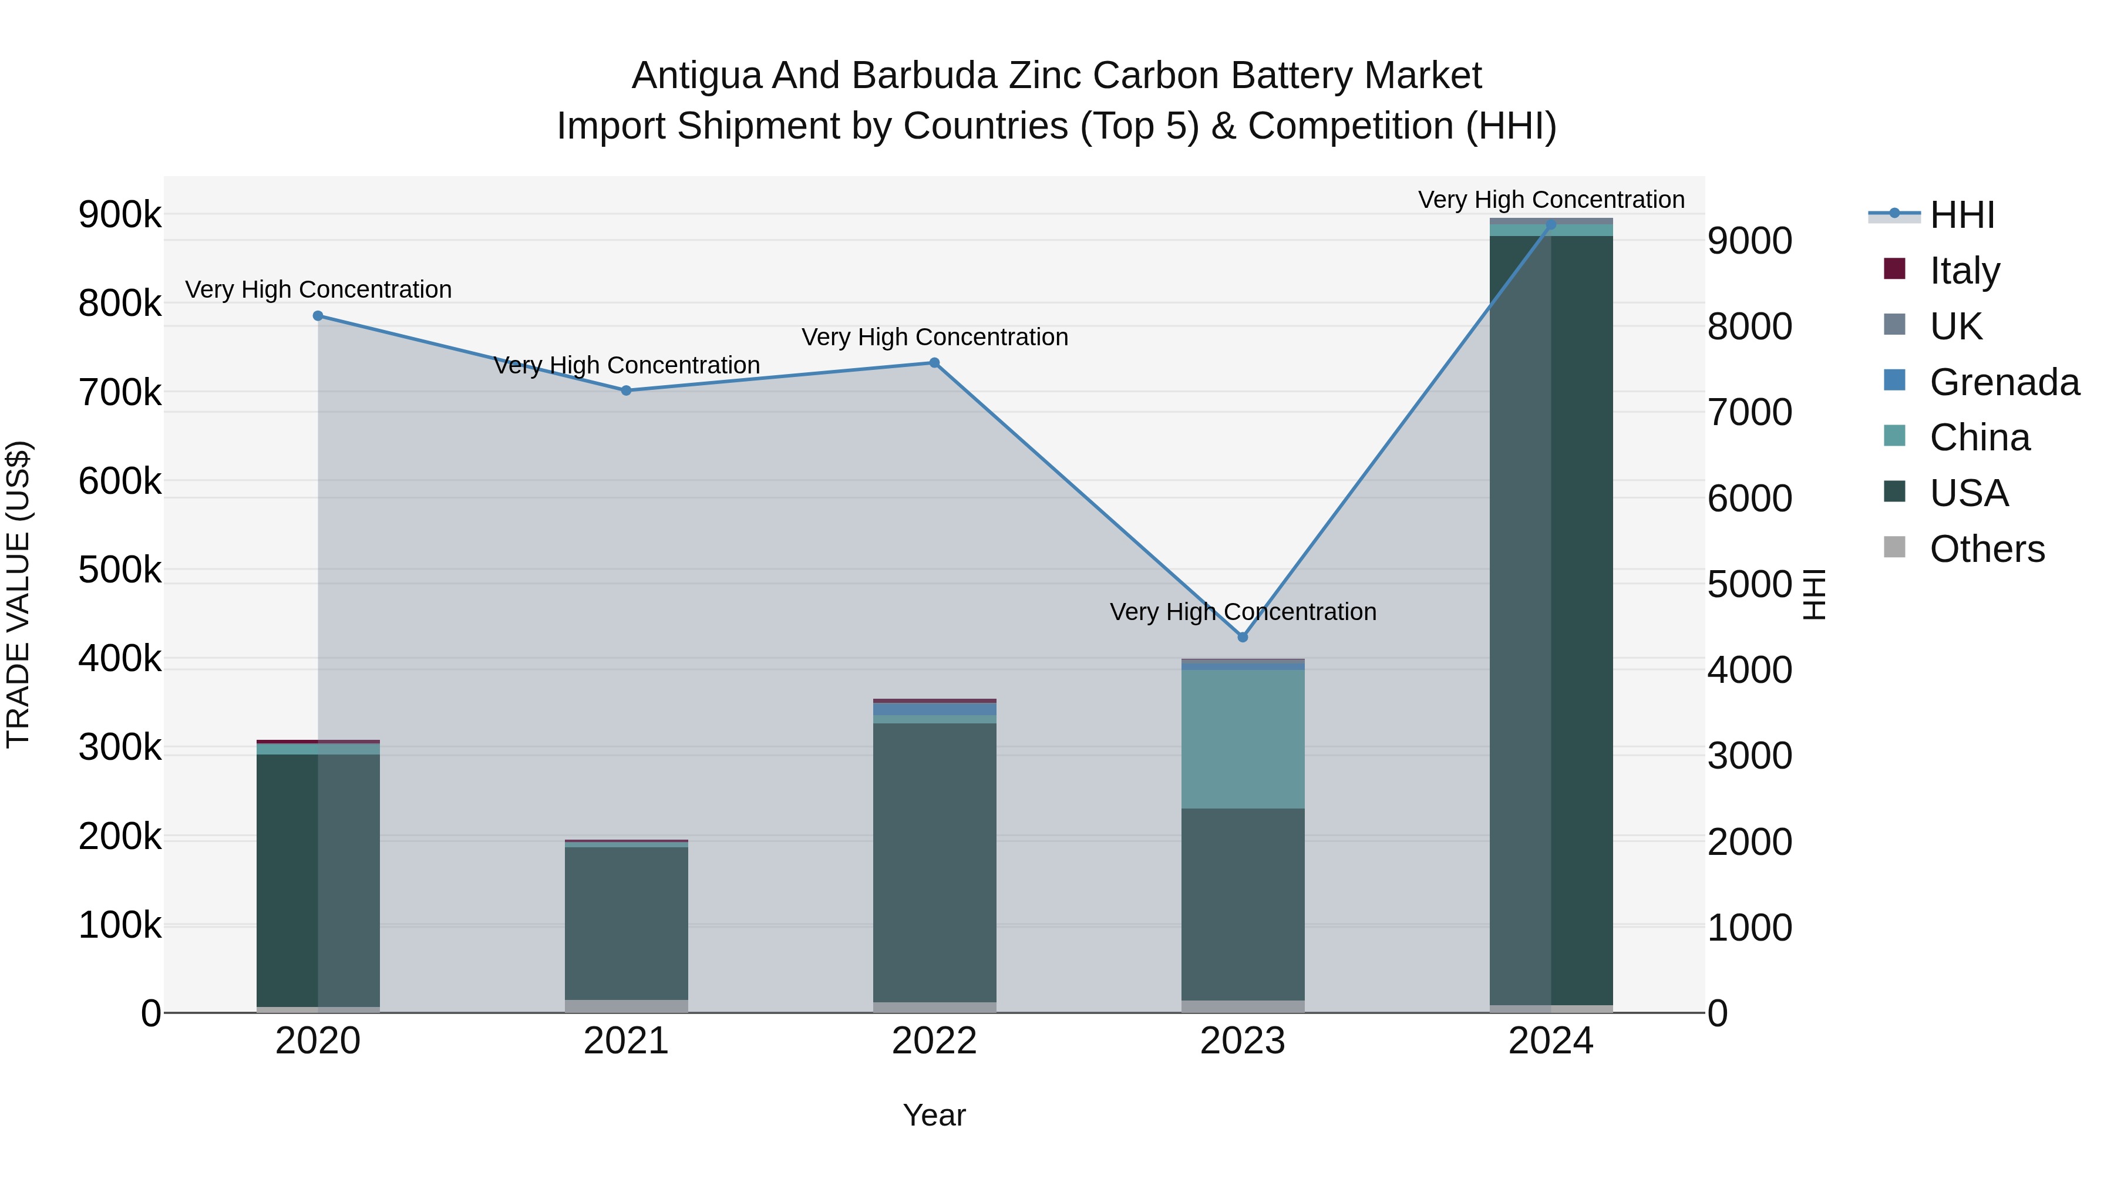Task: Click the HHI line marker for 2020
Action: click(x=318, y=316)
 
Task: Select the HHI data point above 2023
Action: click(x=1243, y=638)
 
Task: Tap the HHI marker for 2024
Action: click(x=1550, y=225)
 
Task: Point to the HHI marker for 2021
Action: click(x=626, y=390)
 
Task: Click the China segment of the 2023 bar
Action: click(x=1243, y=739)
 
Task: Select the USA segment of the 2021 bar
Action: click(x=626, y=923)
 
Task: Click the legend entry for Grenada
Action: click(x=2003, y=382)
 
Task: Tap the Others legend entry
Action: click(x=1986, y=549)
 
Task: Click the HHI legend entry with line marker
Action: click(x=1961, y=215)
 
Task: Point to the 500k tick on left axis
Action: click(x=120, y=570)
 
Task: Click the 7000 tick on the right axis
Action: click(x=1750, y=413)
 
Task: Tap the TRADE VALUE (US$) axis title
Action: click(x=18, y=594)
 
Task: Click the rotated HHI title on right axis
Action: click(x=1815, y=594)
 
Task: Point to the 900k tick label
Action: click(x=120, y=215)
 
